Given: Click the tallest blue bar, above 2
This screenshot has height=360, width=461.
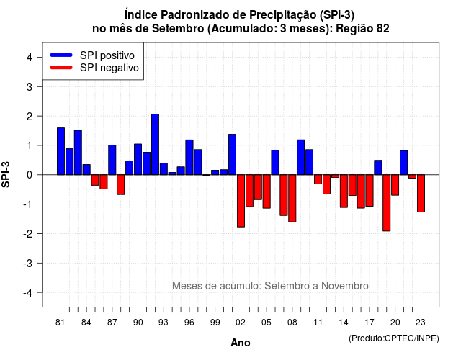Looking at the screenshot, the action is (x=155, y=144).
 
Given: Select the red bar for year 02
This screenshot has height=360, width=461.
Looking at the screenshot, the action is (x=241, y=201).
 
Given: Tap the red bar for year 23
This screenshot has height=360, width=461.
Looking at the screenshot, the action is (x=421, y=194).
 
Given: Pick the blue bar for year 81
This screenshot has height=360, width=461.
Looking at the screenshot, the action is (x=61, y=151).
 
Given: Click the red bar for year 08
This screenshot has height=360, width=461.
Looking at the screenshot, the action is (x=292, y=199).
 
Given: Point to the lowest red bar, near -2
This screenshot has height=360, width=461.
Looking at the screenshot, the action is (x=387, y=203).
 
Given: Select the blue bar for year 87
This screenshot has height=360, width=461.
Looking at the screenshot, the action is (x=112, y=160).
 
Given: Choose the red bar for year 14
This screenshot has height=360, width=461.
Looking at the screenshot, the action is (x=344, y=192).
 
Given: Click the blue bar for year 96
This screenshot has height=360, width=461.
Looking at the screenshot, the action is (x=189, y=157).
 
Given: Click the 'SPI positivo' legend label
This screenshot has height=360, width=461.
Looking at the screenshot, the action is (x=107, y=55).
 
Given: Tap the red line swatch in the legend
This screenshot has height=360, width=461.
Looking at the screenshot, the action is (x=61, y=68).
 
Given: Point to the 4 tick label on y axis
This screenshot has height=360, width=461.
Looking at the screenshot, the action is (x=30, y=58).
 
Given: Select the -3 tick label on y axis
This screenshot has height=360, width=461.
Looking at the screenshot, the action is (x=28, y=263).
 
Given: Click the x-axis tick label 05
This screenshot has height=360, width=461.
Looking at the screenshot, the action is (x=267, y=323).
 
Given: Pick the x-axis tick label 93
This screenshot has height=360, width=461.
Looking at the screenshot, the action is (x=164, y=323).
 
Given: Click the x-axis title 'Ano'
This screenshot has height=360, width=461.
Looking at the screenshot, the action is (x=241, y=343).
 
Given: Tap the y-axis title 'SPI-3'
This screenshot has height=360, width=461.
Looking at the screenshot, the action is (x=6, y=174).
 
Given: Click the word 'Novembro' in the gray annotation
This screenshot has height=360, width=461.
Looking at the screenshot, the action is (x=344, y=286).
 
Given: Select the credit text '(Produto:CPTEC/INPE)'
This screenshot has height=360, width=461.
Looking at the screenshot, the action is (x=394, y=338).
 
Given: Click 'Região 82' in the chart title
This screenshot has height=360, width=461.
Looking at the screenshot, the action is (x=362, y=29).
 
